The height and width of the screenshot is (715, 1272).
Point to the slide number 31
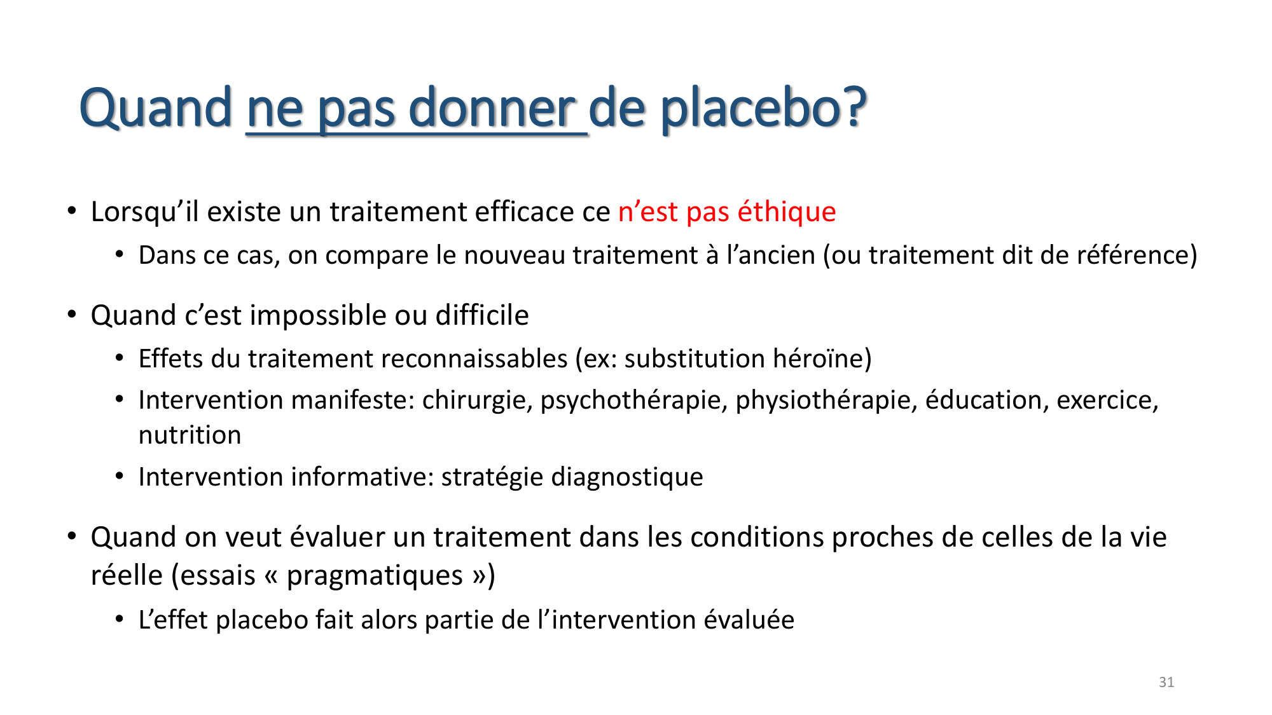[1166, 682]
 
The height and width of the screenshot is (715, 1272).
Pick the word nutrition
[190, 435]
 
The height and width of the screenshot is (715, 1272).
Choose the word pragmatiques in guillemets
[375, 576]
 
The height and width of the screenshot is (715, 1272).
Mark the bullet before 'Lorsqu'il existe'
[72, 210]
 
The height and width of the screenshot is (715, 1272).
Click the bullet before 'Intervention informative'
[120, 476]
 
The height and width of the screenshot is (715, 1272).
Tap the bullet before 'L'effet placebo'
[120, 619]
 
